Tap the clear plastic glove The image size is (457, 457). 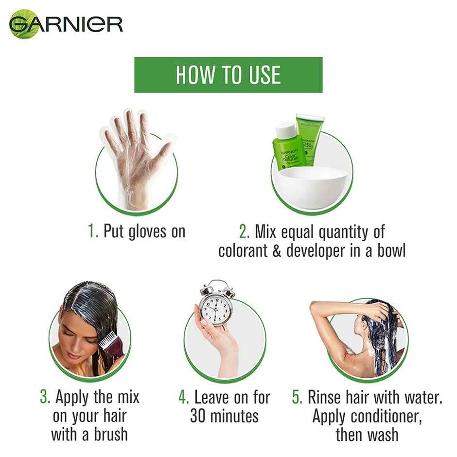(x=136, y=156)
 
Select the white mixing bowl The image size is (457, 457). (x=314, y=187)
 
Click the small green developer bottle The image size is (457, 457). (x=287, y=146)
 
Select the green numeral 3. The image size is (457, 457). (x=45, y=397)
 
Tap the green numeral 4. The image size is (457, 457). (x=183, y=397)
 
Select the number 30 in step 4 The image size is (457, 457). (x=200, y=416)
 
